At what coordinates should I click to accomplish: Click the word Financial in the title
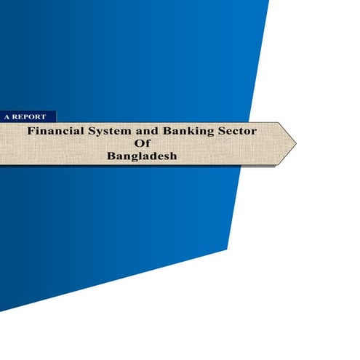point(53,132)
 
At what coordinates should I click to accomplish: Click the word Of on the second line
point(142,144)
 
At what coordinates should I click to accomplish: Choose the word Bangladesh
point(142,156)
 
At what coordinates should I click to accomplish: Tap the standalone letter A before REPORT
point(7,116)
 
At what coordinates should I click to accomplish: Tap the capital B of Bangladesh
point(111,156)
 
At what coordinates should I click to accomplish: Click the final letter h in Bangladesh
point(173,156)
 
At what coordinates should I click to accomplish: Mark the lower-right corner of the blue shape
point(227,250)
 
